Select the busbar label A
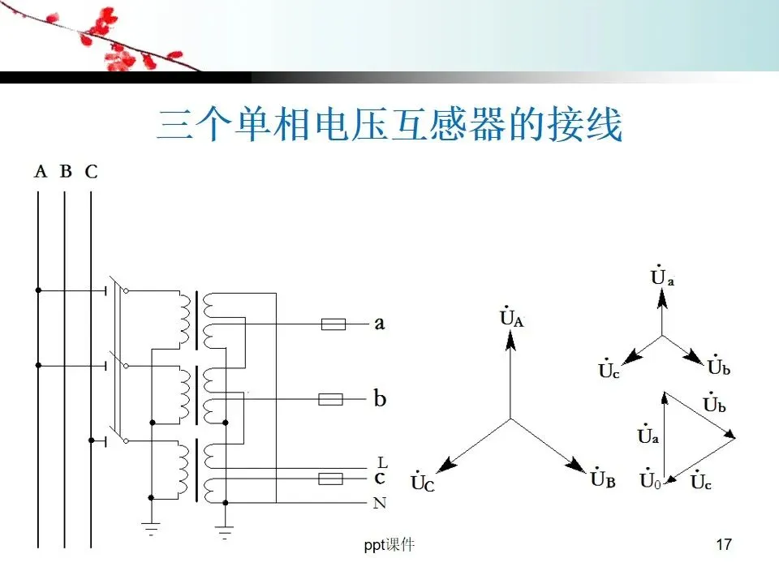click(41, 171)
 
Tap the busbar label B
click(66, 171)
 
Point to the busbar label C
click(91, 172)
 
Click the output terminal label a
click(379, 324)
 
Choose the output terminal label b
click(380, 398)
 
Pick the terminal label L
click(382, 462)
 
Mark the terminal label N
click(380, 504)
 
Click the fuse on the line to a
click(334, 324)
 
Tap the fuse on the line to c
click(329, 479)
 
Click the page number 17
click(725, 545)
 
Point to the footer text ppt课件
click(389, 545)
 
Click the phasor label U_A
click(512, 317)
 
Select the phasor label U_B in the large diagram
click(603, 479)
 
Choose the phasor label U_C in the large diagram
click(424, 483)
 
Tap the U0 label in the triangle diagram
click(650, 481)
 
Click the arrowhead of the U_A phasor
click(510, 339)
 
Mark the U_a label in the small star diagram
click(663, 277)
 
